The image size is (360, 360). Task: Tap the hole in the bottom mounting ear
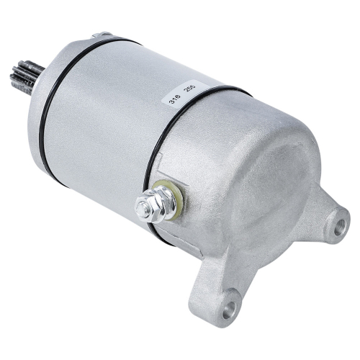(x=228, y=310)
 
